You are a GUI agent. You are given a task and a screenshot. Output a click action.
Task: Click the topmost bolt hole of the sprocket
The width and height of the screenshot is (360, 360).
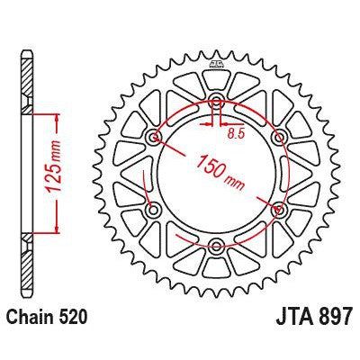tap(216, 101)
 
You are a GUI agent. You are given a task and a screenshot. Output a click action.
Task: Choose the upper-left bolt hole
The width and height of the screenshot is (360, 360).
tap(154, 137)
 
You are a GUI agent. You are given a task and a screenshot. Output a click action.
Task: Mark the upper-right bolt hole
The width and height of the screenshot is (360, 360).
tap(278, 137)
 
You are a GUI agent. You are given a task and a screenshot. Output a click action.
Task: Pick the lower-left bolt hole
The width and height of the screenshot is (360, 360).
tap(154, 209)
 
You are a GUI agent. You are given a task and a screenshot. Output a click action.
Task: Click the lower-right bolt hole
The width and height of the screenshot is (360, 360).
tap(278, 209)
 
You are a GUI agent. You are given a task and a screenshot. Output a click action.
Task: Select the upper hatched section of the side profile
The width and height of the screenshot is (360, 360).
tap(28, 85)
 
